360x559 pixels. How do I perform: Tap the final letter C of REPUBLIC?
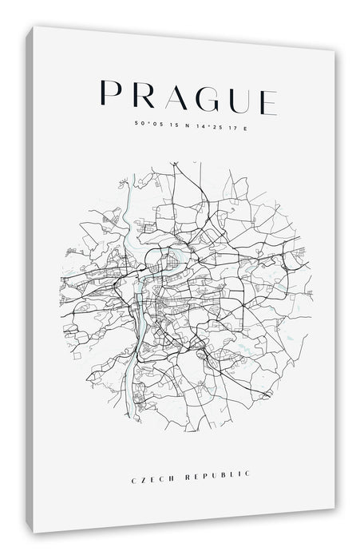(x=247, y=474)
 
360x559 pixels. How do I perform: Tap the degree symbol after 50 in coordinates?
(x=144, y=122)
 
